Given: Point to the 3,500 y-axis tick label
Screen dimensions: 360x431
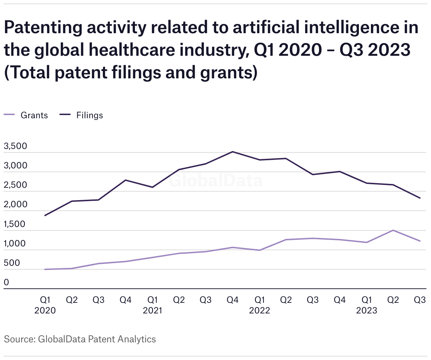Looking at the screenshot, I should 15,146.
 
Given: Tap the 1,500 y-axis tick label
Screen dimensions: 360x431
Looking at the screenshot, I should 15,224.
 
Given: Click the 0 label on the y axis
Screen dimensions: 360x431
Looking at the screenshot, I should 6,282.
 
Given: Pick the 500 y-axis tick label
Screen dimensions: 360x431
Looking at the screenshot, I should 12,263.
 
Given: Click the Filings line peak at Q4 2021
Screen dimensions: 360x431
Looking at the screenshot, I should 232,152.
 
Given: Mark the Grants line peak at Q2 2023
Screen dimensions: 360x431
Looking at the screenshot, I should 393,230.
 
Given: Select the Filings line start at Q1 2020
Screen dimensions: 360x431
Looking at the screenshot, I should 45,215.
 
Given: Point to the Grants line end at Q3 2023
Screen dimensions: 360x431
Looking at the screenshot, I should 420,241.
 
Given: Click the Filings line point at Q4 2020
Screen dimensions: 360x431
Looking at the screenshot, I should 125,180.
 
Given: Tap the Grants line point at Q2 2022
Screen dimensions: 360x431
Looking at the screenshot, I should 286,240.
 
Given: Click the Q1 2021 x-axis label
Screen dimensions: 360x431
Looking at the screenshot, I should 153,305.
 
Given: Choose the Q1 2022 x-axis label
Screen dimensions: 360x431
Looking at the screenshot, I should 260,305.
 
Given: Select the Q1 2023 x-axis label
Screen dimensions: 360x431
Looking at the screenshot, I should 367,305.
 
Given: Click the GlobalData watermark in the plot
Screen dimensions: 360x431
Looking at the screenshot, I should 215,181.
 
